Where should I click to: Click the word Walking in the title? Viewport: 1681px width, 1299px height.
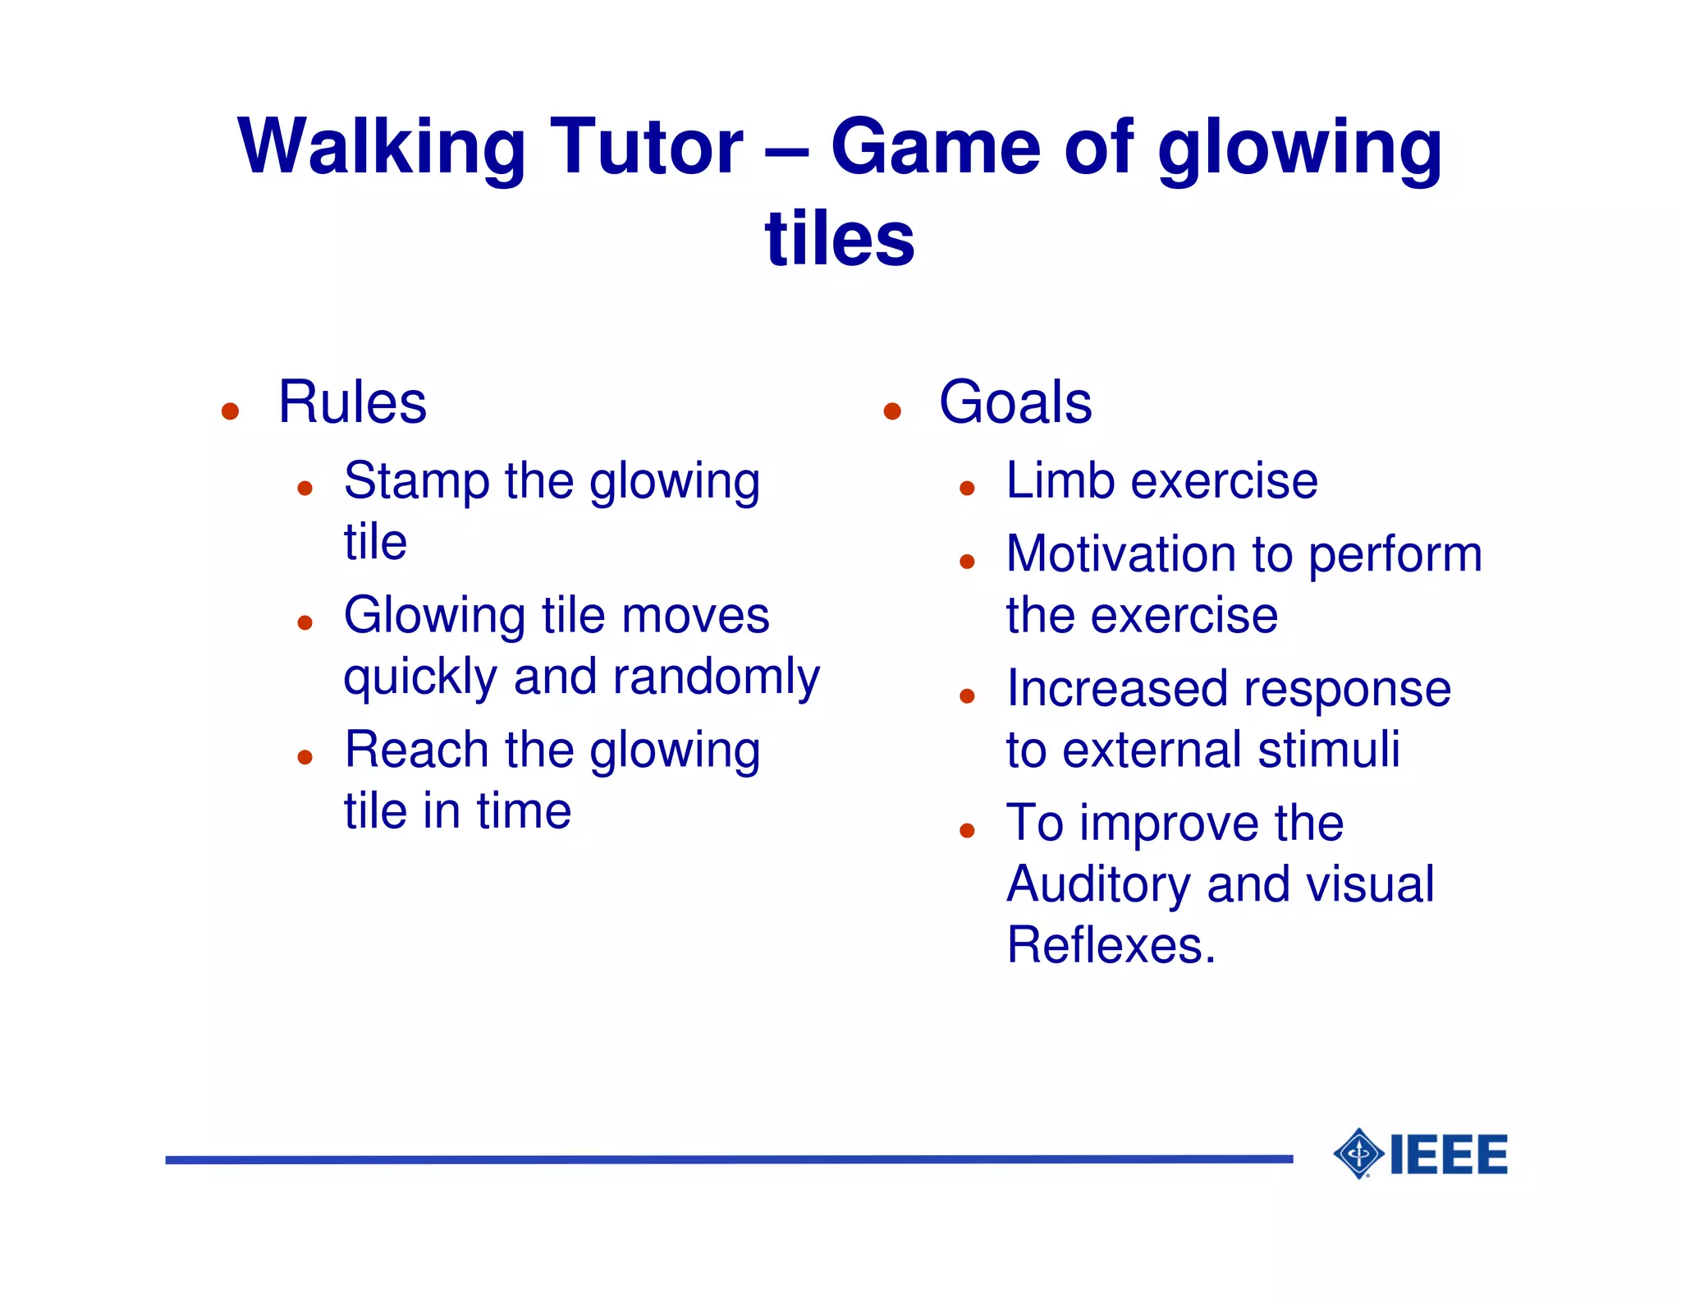(380, 148)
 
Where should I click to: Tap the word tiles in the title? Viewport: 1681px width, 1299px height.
(839, 239)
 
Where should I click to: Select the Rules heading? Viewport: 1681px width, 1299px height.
(352, 402)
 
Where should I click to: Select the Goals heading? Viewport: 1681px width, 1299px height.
(1015, 402)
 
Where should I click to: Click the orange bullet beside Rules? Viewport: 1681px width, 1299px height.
(231, 411)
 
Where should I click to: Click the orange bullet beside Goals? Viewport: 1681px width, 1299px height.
(892, 411)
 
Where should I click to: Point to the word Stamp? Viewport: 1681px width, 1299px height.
(416, 482)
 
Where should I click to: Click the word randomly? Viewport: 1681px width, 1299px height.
(716, 677)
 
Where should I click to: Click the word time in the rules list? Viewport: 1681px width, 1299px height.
(524, 811)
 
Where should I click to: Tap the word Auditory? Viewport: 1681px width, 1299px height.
(1098, 885)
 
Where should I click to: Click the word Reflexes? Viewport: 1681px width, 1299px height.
(1111, 946)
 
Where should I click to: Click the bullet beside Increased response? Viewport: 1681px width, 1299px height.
(967, 696)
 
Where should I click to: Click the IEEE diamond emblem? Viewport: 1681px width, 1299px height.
(1359, 1154)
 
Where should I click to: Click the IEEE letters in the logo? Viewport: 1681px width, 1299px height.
(1449, 1154)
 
